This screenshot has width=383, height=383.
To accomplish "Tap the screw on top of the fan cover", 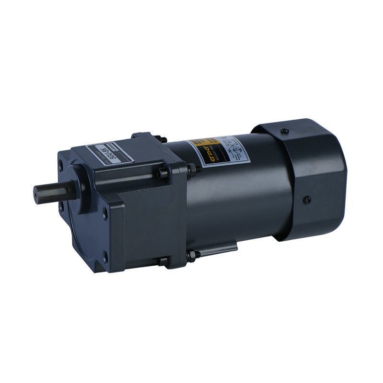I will [284, 130].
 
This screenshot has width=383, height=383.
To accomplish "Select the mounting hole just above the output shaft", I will [63, 168].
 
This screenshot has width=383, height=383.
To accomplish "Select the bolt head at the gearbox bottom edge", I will [163, 261].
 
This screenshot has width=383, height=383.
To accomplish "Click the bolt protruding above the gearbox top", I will [163, 139].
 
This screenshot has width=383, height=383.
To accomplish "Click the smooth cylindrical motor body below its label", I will [239, 201].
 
